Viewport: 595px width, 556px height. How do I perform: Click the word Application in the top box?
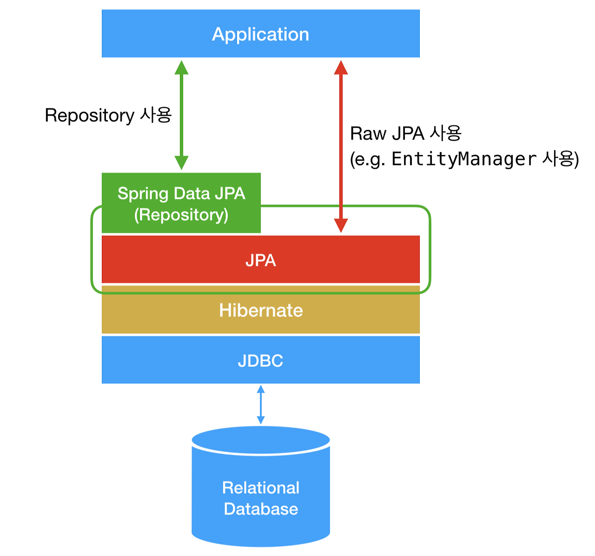260,34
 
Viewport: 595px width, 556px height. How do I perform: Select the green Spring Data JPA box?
181,203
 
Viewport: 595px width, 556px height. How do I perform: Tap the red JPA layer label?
260,260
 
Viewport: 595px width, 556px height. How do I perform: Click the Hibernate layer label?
261,311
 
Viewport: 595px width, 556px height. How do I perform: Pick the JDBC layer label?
260,361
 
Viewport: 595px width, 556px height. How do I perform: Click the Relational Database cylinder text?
261,498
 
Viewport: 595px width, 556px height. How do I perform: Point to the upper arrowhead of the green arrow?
181,67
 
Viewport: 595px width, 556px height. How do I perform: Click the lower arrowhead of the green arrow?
181,163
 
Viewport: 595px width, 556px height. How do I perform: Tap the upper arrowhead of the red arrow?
341,67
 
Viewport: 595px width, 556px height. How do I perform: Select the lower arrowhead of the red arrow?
341,225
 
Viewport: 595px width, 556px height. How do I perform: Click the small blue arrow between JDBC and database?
261,404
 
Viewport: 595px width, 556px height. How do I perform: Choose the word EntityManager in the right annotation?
464,159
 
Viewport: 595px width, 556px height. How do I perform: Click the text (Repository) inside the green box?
181,215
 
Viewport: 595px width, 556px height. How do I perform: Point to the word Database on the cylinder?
261,509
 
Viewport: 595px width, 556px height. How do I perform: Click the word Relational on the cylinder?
261,488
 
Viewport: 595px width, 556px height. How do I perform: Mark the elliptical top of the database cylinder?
261,439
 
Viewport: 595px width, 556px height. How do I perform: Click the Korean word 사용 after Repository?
156,115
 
